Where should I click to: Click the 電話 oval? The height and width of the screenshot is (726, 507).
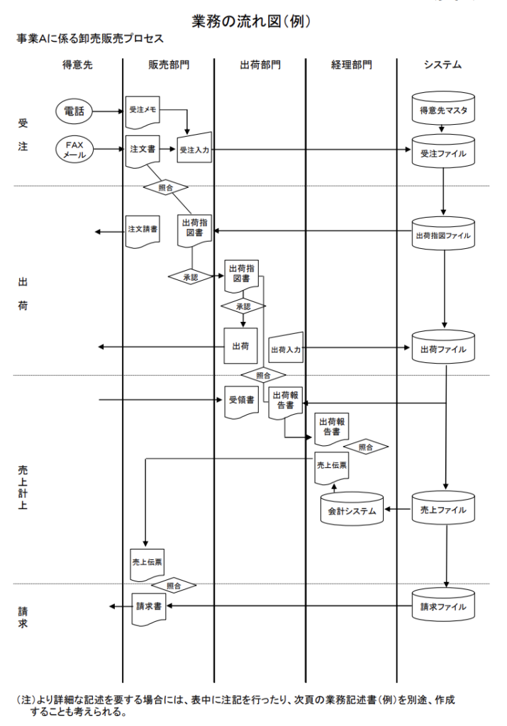[x=74, y=111]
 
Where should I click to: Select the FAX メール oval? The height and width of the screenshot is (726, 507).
[x=74, y=150]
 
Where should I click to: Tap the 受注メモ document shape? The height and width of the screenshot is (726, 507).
[x=143, y=111]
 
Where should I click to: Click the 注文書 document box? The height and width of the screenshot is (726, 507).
[x=143, y=150]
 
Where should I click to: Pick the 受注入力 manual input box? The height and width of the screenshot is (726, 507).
[x=194, y=150]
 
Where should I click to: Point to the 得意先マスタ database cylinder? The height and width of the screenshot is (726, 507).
[x=443, y=111]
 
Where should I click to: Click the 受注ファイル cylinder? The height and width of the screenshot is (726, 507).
[x=443, y=151]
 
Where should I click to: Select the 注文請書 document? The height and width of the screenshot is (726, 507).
[x=143, y=230]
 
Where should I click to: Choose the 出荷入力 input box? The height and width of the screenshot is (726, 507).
[x=286, y=348]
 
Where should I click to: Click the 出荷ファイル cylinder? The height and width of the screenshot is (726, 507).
[x=443, y=348]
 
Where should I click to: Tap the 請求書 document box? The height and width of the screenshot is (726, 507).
[x=150, y=607]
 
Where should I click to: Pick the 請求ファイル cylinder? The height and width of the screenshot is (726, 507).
[x=443, y=607]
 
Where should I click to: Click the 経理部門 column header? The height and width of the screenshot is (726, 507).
[x=351, y=65]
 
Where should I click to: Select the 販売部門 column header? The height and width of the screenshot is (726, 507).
[x=169, y=65]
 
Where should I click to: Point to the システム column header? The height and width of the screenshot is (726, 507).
[x=443, y=65]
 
